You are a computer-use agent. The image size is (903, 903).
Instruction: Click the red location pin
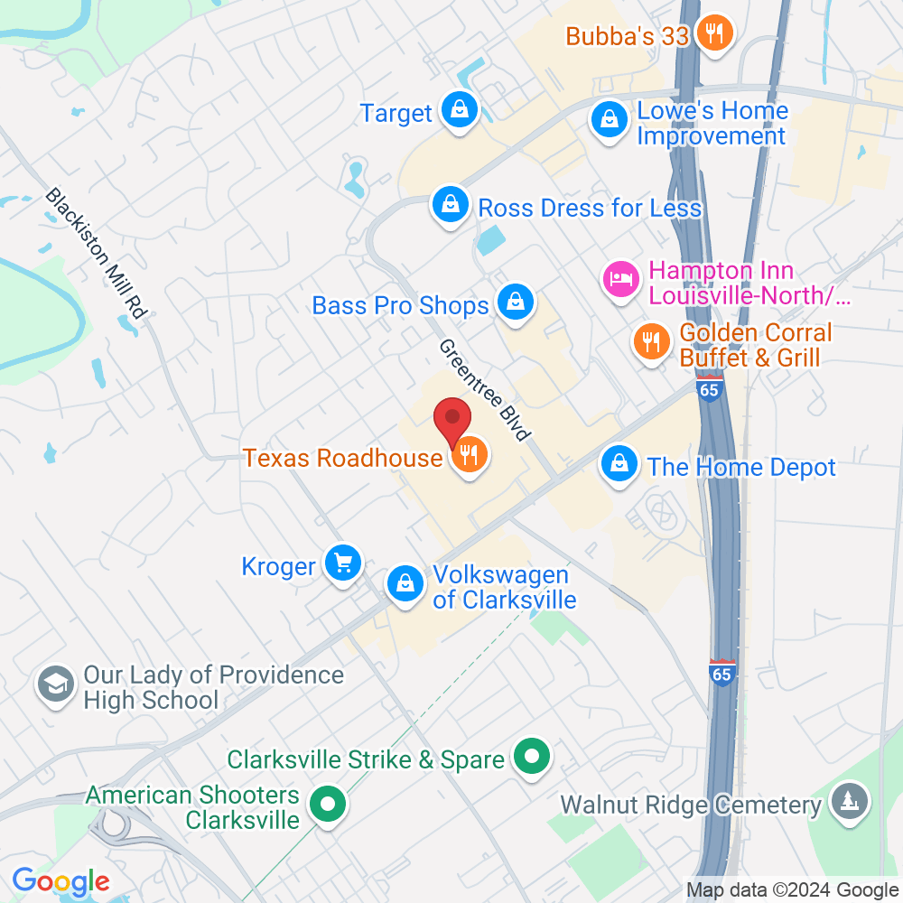[x=452, y=421]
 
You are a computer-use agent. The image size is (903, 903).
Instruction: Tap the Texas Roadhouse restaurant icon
[x=469, y=455]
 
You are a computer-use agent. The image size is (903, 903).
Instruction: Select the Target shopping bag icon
[x=460, y=112]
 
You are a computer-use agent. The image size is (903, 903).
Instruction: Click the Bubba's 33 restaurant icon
[x=715, y=35]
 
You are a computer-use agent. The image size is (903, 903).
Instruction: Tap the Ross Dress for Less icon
[x=450, y=207]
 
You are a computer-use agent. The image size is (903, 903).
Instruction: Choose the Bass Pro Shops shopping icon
[x=515, y=303]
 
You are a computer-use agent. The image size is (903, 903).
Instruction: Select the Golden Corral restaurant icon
[x=649, y=343]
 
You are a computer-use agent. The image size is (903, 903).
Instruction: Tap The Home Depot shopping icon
[x=619, y=465]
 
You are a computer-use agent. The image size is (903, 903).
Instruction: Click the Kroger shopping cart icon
[x=343, y=564]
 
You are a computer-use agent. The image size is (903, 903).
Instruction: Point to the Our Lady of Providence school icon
[x=55, y=685]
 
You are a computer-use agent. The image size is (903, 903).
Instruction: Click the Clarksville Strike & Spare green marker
[x=532, y=757]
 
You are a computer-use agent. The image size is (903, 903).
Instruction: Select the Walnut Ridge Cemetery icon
[x=849, y=802]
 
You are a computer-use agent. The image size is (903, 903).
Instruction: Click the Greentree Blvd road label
[x=484, y=390]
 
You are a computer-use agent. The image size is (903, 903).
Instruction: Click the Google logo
[x=61, y=880]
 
